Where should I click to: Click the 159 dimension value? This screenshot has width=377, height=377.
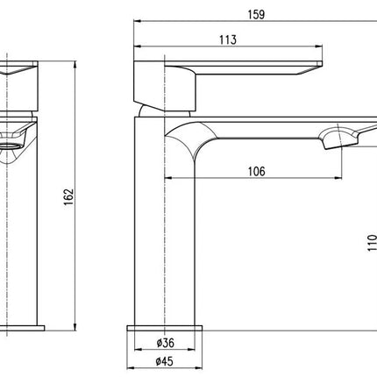pos(256,14)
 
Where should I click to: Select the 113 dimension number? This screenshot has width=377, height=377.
pos(228,39)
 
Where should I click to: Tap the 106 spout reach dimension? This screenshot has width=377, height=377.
pos(257,172)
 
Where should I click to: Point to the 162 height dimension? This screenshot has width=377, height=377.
pos(69,197)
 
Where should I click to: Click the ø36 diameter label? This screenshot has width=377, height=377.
pos(165,343)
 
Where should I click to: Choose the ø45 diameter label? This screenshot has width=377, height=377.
pos(164,361)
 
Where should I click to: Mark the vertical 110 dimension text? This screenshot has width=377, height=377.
pos(372,242)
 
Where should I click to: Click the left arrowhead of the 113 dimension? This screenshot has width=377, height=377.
pos(138,46)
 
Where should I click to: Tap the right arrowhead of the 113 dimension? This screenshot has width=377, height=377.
pos(318,46)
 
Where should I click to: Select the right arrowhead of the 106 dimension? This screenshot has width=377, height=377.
pos(338,177)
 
